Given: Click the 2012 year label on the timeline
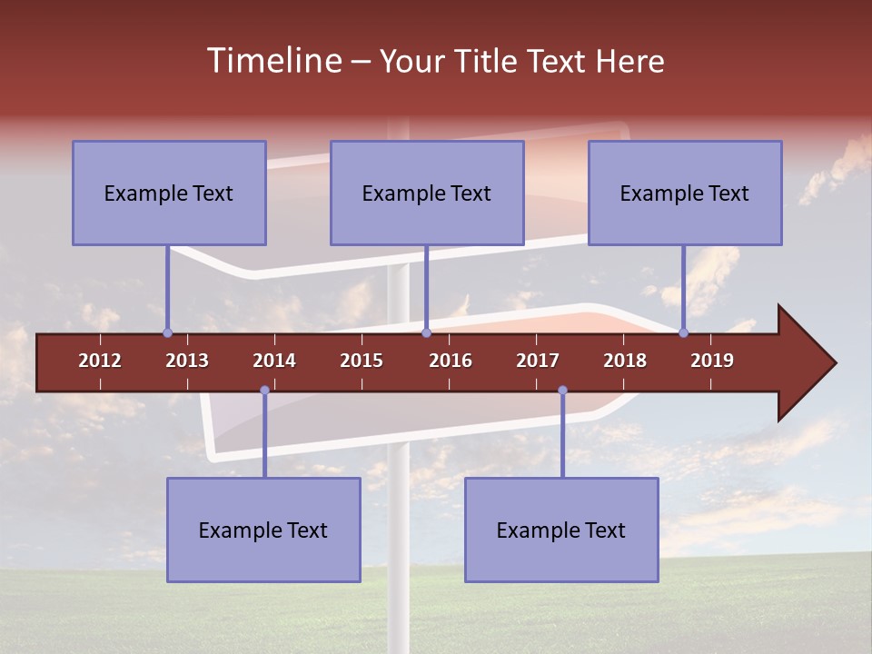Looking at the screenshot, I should tap(100, 361).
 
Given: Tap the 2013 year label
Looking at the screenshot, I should tap(187, 361).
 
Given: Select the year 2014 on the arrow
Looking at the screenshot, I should tap(274, 361).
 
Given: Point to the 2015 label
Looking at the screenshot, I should tap(362, 361).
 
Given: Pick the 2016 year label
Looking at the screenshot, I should tap(451, 361).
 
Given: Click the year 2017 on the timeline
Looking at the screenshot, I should tap(538, 361).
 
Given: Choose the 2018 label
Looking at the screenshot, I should tap(625, 361).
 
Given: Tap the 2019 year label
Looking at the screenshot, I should tap(712, 361).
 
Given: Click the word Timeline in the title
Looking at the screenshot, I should tap(272, 61).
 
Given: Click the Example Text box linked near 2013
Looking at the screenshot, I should tap(169, 193).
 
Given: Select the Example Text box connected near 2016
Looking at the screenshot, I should tap(427, 193).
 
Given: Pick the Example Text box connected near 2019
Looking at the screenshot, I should tap(685, 193).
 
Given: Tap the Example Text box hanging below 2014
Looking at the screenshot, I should tap(263, 530).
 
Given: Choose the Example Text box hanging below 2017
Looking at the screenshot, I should tap(561, 530).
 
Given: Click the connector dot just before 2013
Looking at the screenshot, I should tap(167, 332).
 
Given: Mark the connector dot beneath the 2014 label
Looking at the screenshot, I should tap(264, 391).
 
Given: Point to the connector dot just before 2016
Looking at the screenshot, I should tap(426, 332).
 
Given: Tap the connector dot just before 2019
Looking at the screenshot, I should tap(684, 332).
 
